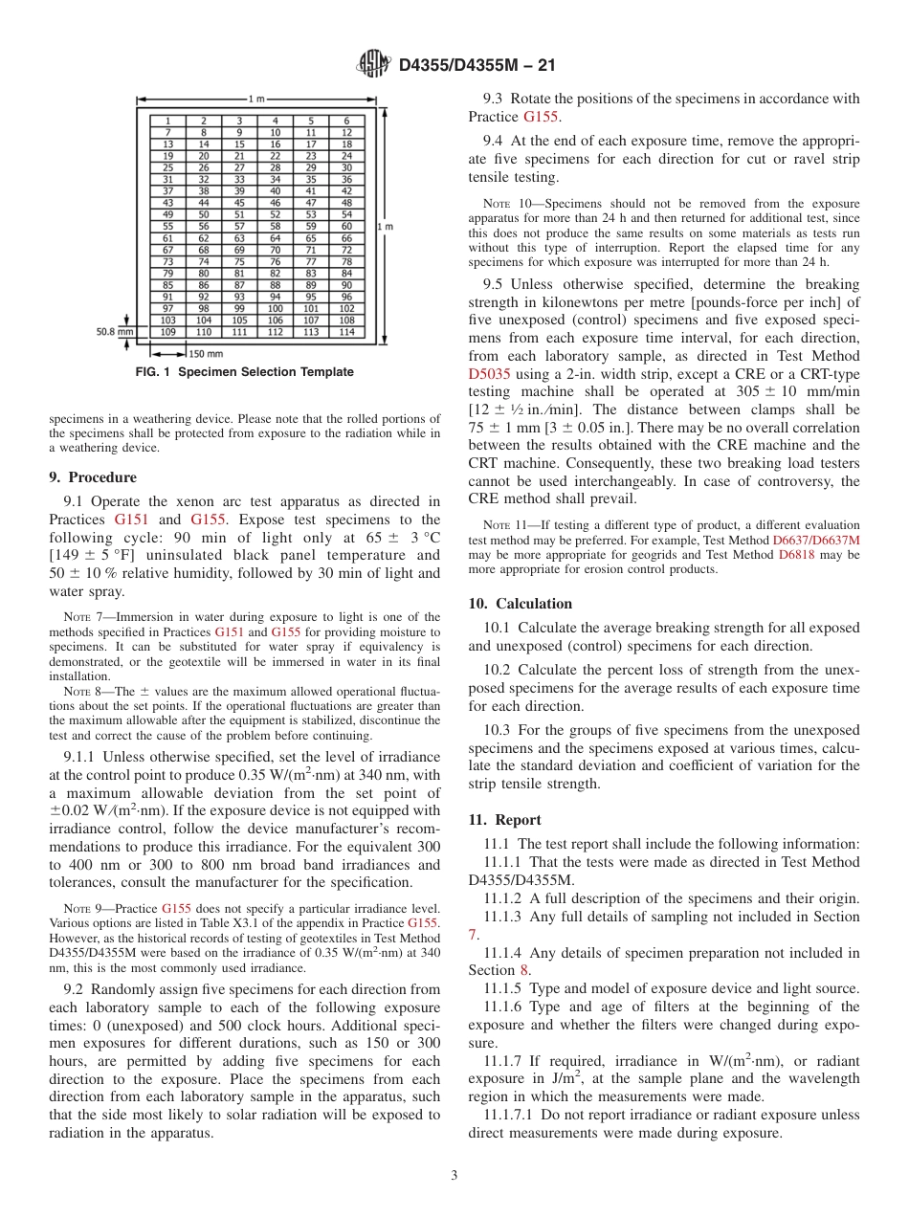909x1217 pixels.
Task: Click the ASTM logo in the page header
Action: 373,64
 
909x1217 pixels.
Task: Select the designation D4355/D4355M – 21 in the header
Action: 477,65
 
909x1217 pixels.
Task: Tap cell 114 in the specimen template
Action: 346,332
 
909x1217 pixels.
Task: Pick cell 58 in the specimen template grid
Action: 275,227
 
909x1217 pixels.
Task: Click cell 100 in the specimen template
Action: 275,309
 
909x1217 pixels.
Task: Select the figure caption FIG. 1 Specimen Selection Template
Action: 244,372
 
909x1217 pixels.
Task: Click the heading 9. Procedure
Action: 93,477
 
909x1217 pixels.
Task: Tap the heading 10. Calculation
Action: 521,604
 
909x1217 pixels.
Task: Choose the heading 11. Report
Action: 504,820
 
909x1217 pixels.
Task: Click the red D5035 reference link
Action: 490,376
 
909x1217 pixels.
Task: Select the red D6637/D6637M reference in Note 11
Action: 815,541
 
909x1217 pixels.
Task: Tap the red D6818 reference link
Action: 796,555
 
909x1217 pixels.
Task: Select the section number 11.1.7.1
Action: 511,1116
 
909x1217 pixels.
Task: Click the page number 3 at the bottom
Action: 454,1176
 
